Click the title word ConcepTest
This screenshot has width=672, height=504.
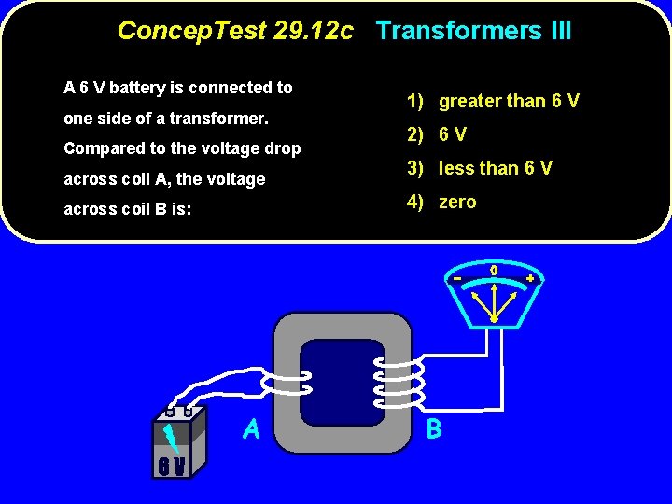coord(192,32)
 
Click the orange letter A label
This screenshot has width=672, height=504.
coord(251,428)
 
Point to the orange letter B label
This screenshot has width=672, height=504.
coord(434,429)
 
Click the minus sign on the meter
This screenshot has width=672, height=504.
coord(458,278)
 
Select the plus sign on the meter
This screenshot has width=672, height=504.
coord(530,278)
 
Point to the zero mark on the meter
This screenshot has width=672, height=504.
coord(494,271)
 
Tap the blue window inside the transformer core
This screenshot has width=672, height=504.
coord(343,383)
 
